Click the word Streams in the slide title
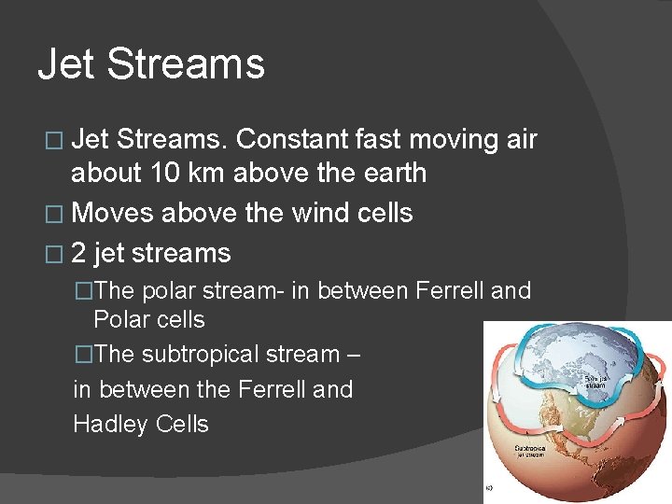[x=185, y=64]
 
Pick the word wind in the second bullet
[x=322, y=213]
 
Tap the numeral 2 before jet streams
[x=79, y=253]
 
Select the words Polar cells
[x=148, y=319]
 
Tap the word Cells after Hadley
[x=182, y=424]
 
